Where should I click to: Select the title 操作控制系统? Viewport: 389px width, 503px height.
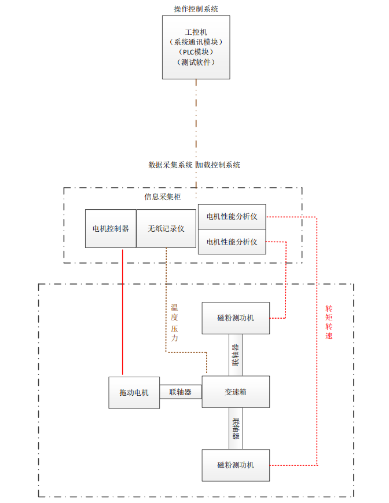click(x=196, y=8)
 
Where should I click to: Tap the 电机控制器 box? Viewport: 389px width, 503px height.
click(x=110, y=228)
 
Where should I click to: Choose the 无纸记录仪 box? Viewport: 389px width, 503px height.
click(x=166, y=228)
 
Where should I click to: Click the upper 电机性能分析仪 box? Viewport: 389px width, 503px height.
click(x=232, y=217)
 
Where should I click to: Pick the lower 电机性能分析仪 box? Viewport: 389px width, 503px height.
click(x=232, y=242)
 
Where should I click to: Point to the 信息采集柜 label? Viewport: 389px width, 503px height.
click(x=162, y=196)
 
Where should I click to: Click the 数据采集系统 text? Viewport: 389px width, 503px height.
click(x=171, y=165)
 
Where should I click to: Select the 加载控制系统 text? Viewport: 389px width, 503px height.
click(x=218, y=165)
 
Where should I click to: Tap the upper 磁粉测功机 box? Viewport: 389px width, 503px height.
click(x=236, y=318)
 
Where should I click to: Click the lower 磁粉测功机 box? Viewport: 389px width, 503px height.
click(x=236, y=465)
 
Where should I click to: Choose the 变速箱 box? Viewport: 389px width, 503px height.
click(x=236, y=392)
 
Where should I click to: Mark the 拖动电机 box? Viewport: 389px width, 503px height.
click(x=134, y=392)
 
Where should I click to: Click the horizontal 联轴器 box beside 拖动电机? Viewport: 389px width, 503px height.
click(x=180, y=392)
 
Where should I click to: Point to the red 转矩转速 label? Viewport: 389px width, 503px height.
click(x=329, y=322)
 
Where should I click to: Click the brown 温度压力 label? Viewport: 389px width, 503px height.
click(x=174, y=323)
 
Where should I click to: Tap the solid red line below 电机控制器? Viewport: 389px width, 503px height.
click(x=123, y=313)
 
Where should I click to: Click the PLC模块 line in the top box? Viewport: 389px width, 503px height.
click(x=196, y=52)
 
